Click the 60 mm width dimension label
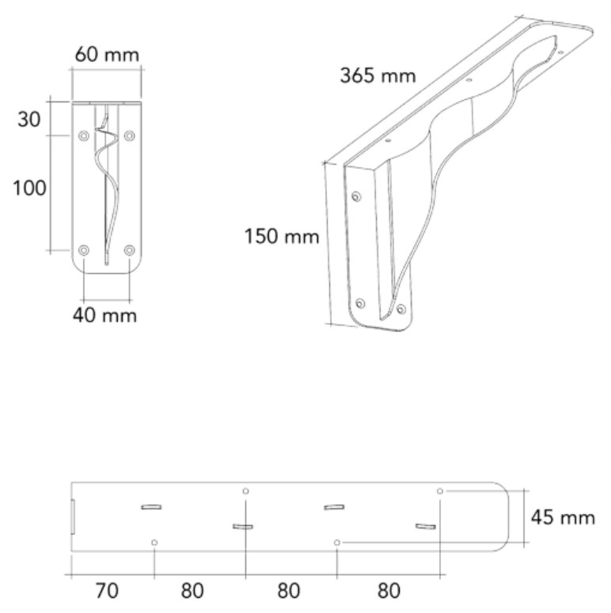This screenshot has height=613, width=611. click(x=107, y=55)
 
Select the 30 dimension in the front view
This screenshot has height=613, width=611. click(x=29, y=120)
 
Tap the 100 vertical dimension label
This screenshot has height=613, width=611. click(x=30, y=188)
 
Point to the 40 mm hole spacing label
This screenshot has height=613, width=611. click(x=104, y=315)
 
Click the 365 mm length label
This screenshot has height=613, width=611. click(x=378, y=75)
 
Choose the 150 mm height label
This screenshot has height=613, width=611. click(x=282, y=237)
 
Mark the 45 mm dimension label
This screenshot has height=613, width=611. click(x=563, y=518)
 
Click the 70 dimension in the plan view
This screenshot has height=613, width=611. click(x=107, y=591)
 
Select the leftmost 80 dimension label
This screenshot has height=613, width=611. click(x=192, y=591)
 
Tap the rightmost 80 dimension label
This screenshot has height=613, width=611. click(x=389, y=591)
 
